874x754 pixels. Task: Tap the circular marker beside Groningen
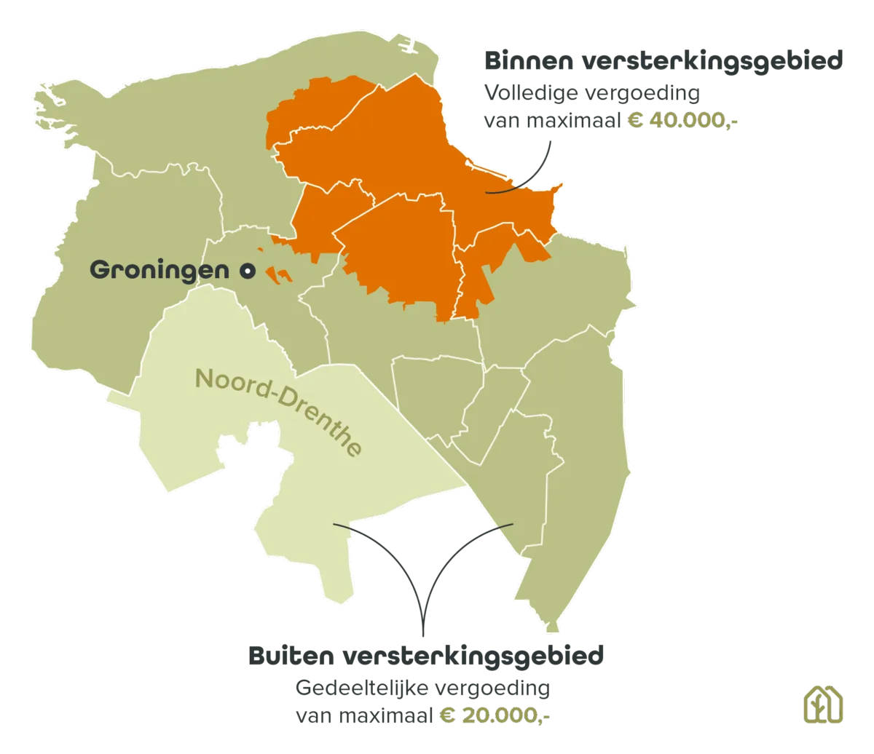[248, 271]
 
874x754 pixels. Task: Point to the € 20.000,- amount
[494, 716]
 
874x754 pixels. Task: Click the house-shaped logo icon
[823, 705]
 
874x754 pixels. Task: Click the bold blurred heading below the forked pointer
[425, 656]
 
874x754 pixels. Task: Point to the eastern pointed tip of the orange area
[562, 187]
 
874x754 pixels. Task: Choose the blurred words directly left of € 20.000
[364, 716]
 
